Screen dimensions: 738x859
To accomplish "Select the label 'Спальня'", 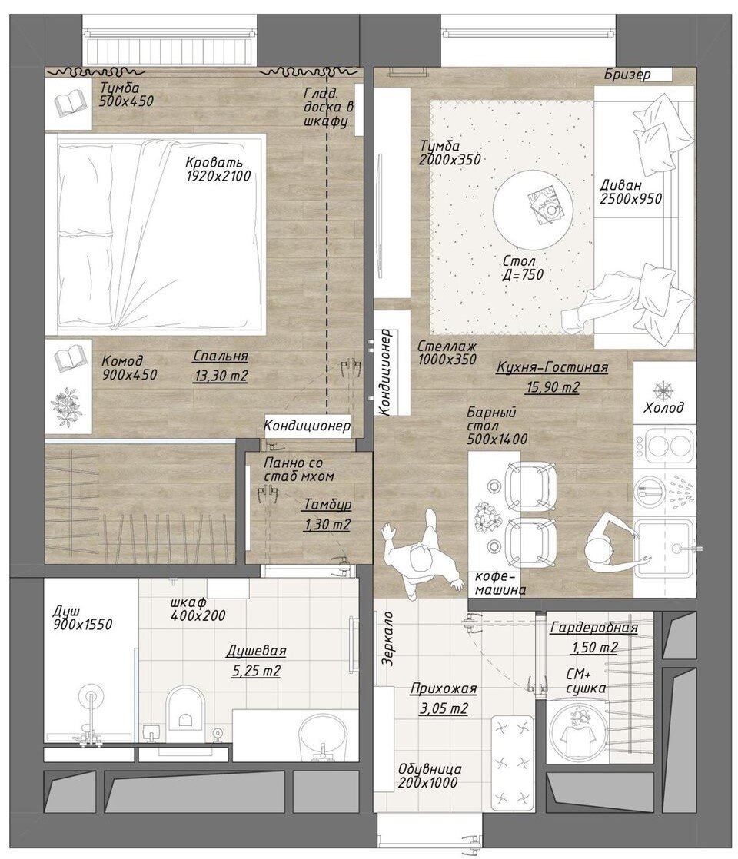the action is click(221, 356).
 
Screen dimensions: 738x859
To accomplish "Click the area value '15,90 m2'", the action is click(552, 387).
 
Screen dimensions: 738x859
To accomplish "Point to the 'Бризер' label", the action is click(627, 74).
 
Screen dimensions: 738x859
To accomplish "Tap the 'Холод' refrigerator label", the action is click(664, 407).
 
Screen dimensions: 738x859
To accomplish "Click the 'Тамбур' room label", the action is click(327, 504).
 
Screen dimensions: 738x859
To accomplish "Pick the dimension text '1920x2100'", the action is click(218, 176).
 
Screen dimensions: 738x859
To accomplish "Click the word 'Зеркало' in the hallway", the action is click(387, 638).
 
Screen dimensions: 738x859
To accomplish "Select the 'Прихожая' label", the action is click(444, 688).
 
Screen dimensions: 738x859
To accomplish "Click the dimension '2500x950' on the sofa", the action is click(631, 198).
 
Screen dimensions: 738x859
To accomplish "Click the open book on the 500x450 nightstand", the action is click(70, 104).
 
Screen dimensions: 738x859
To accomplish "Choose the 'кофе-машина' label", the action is click(500, 583).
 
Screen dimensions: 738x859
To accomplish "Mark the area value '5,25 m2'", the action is click(256, 671).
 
